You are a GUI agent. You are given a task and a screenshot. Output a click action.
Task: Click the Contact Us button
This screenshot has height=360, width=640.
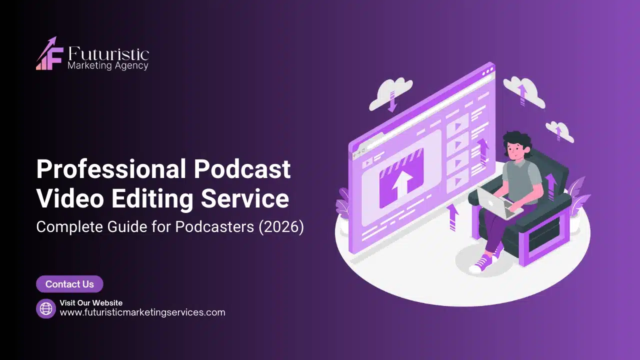tap(69, 284)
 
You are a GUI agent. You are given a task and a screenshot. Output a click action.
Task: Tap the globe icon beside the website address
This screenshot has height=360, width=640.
tap(45, 308)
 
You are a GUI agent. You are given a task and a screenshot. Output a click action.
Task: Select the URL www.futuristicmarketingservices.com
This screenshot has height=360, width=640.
tap(142, 312)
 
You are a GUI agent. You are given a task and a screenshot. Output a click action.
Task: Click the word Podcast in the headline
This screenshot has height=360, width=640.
tap(242, 169)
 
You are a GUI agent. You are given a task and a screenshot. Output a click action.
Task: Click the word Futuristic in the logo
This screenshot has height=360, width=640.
tap(108, 54)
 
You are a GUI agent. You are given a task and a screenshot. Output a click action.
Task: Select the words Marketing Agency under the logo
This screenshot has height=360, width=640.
tap(107, 65)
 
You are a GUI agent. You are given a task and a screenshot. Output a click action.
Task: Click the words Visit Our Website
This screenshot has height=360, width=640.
tap(91, 302)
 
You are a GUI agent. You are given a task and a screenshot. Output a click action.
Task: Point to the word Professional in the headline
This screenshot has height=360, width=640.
tap(111, 169)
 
